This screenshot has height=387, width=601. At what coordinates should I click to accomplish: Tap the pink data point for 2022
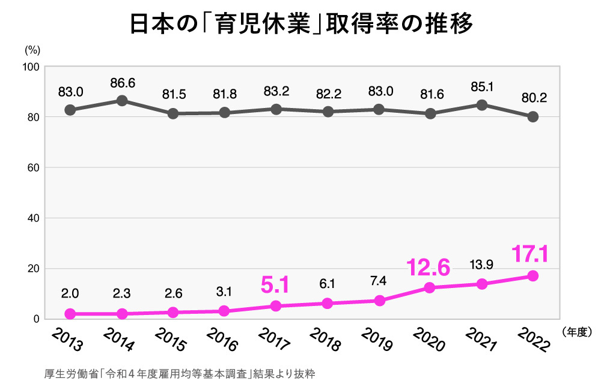coord(532,276)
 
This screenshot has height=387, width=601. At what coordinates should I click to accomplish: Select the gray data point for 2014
coord(121,101)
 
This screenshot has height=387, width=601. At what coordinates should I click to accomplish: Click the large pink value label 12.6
coord(428,268)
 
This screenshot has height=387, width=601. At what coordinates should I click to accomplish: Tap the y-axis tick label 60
coord(33,168)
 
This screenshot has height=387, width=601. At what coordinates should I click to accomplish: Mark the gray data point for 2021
coord(481,105)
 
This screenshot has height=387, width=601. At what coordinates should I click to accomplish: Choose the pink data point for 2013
coord(70,314)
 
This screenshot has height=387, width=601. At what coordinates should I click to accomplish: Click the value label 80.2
coord(532,98)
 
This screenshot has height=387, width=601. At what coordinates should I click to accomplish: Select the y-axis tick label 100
coord(31,67)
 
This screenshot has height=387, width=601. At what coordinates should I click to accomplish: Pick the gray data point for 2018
coord(328,112)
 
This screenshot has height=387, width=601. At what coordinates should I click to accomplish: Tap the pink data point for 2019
coord(379,300)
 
